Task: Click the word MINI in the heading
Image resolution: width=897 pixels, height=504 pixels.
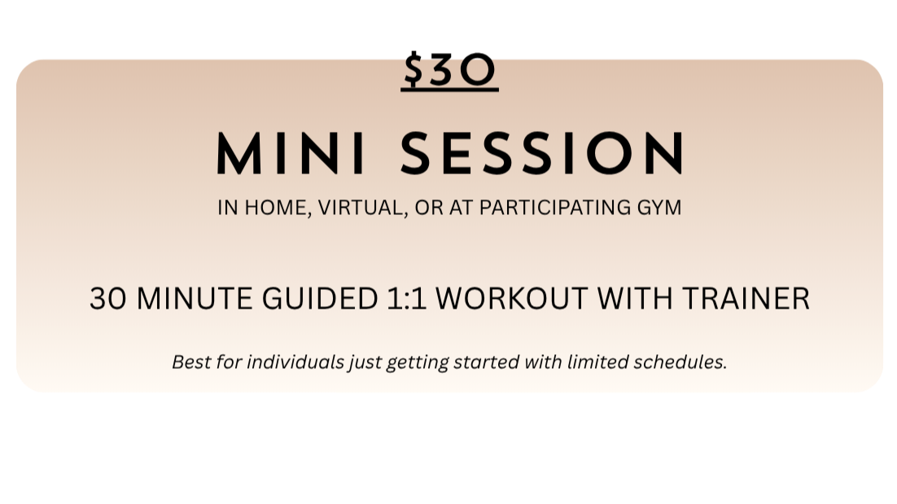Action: [x=291, y=153]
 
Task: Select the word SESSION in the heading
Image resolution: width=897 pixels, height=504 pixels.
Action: [x=542, y=153]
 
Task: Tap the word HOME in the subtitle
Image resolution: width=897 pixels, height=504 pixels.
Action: [x=277, y=208]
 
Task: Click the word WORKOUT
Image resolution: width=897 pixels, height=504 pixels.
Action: [x=511, y=299]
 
